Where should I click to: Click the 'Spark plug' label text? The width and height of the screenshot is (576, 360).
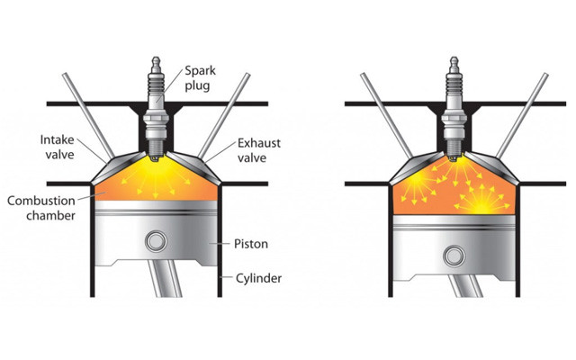tap(200, 78)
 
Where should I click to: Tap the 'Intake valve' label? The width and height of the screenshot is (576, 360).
tap(57, 147)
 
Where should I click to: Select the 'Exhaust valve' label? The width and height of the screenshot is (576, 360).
tap(259, 150)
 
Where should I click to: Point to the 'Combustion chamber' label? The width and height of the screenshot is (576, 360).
tap(41, 208)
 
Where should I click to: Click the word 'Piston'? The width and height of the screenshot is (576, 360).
tap(251, 244)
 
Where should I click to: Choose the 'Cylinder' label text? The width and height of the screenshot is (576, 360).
tap(258, 278)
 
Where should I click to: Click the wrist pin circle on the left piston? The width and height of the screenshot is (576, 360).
tap(156, 241)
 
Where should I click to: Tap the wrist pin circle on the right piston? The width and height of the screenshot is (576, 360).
tap(454, 256)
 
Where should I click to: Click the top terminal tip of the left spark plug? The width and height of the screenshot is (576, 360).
tap(156, 58)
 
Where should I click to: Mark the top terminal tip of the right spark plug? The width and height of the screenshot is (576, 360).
tap(454, 58)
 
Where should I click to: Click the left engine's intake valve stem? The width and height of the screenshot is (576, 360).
tap(88, 115)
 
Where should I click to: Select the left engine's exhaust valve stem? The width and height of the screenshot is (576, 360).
tap(224, 115)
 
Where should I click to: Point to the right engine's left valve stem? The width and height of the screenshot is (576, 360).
tap(387, 115)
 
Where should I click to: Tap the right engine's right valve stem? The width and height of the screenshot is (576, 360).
tap(522, 115)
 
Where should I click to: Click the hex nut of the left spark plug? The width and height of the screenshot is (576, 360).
tap(156, 120)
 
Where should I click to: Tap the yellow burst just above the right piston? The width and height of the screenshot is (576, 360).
tap(481, 201)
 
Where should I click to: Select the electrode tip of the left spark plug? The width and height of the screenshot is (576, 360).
tap(156, 159)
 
